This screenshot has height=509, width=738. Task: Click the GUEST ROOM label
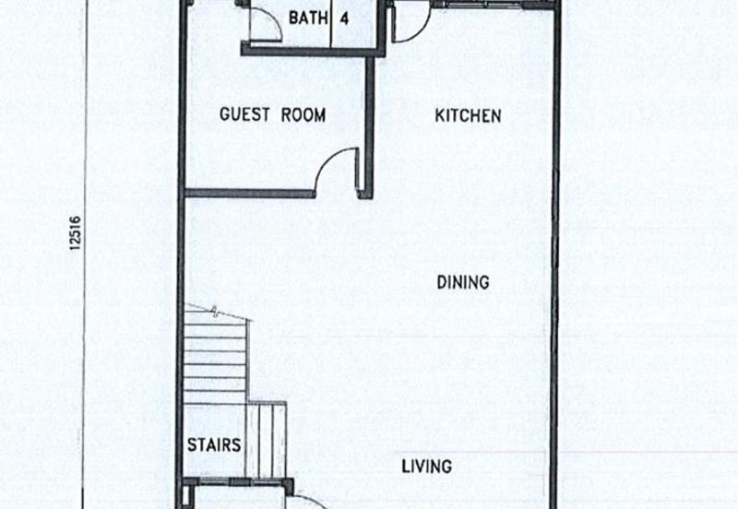pyautogui.click(x=272, y=114)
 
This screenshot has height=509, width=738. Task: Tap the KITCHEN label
pyautogui.click(x=468, y=116)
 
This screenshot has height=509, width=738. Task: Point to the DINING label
pyautogui.click(x=463, y=282)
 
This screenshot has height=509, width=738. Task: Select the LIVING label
pyautogui.click(x=427, y=467)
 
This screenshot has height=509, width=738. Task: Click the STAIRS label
pyautogui.click(x=214, y=444)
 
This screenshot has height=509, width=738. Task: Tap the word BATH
pyautogui.click(x=308, y=18)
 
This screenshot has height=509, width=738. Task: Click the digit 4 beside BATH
pyautogui.click(x=344, y=18)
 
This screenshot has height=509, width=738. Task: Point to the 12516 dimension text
pyautogui.click(x=75, y=233)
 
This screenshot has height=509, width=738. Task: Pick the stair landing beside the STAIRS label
pyautogui.click(x=266, y=439)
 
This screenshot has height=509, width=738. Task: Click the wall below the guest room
pyautogui.click(x=250, y=193)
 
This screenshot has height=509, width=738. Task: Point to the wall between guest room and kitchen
pyautogui.click(x=370, y=124)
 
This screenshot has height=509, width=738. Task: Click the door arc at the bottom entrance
pyautogui.click(x=311, y=500)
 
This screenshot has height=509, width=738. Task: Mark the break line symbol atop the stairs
pyautogui.click(x=215, y=311)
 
